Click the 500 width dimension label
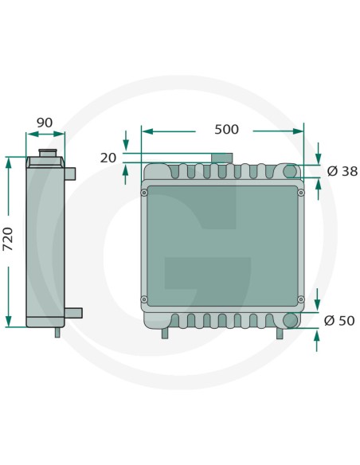click(x=226, y=130)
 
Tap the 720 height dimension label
click(x=8, y=239)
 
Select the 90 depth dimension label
click(x=45, y=123)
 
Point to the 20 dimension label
click(x=108, y=158)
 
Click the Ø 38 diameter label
click(x=342, y=171)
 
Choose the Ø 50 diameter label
click(x=339, y=321)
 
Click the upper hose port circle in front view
click(x=290, y=171)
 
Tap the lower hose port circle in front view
click(x=290, y=320)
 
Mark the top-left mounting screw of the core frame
click(x=144, y=193)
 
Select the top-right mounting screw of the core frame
click(x=301, y=193)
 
